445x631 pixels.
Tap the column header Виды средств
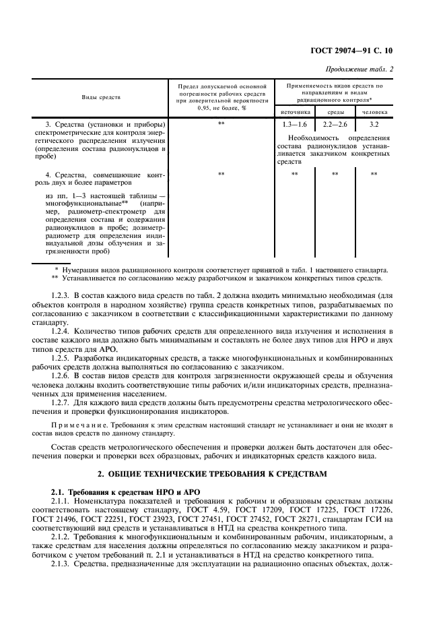click(101, 98)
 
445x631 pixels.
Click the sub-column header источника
click(295, 112)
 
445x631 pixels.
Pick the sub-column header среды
click(336, 112)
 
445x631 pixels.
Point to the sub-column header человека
click(374, 112)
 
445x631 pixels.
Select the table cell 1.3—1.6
click(295, 125)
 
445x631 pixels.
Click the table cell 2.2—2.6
click(336, 125)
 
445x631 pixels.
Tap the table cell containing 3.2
click(374, 125)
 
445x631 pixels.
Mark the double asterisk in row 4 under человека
click(374, 174)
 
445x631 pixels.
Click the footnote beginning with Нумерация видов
click(219, 269)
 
